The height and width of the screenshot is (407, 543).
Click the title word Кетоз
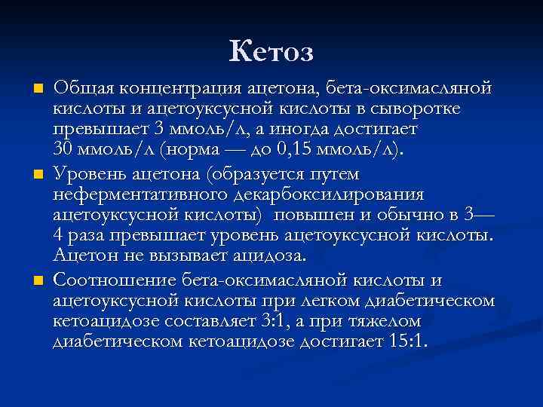[x=271, y=51]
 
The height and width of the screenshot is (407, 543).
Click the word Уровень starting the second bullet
[x=90, y=174]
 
